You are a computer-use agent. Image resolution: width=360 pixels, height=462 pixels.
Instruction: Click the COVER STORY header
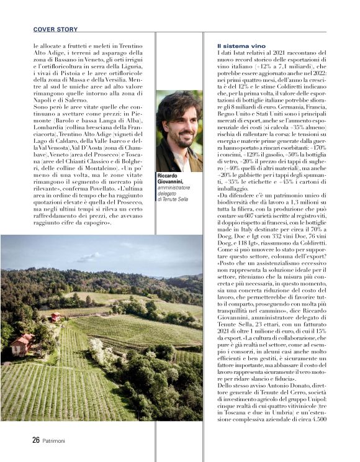point(55,29)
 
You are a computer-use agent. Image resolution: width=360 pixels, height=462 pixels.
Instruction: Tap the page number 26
point(36,440)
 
